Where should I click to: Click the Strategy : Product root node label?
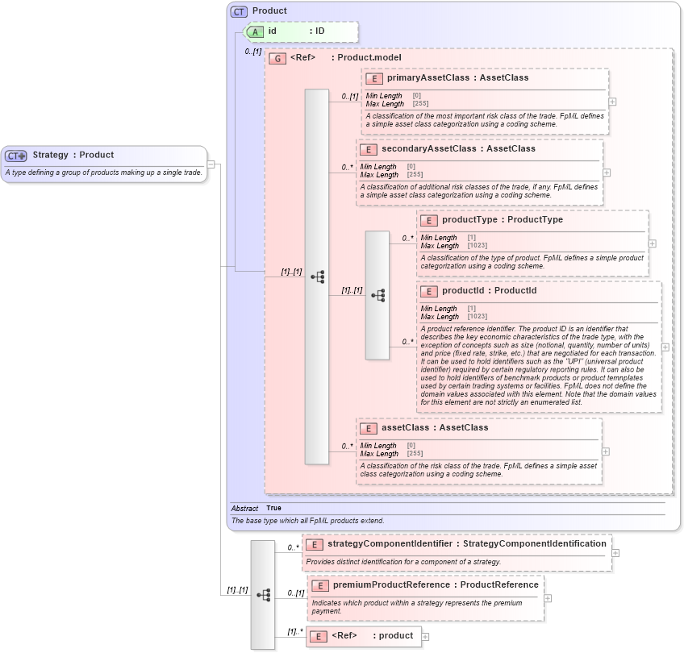pos(73,155)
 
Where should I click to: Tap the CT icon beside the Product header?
pos(239,11)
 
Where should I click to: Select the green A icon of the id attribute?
pos(255,31)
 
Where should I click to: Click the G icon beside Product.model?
pos(277,58)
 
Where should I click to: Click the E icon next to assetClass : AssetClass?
pos(367,428)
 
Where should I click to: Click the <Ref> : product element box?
pos(363,636)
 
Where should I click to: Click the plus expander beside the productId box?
pos(665,347)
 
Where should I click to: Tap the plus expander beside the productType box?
pos(653,243)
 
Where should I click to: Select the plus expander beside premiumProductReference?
pos(548,598)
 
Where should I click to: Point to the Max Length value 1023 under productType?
pos(477,245)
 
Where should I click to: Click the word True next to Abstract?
pos(273,508)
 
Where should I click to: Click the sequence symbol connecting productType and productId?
pos(377,296)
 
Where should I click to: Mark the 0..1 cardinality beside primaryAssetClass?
pos(349,97)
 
